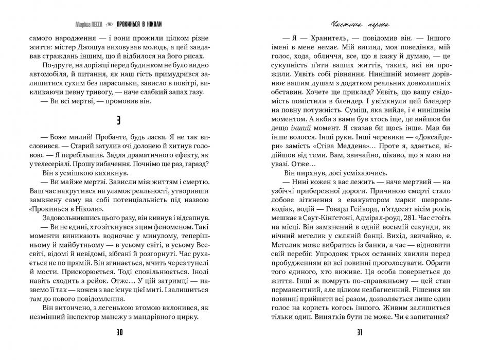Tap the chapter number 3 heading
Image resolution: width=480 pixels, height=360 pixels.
point(119,120)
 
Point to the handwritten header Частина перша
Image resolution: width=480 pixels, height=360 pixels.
point(359,24)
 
